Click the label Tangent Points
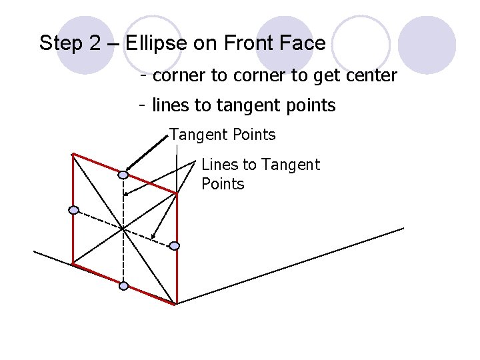222,135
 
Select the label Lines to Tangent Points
260,174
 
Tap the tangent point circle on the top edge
123,175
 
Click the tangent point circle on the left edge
74,210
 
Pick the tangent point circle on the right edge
174,246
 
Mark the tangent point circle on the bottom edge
123,286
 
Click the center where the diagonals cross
123,229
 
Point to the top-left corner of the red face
73,154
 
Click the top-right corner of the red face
177,194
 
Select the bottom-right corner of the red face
177,304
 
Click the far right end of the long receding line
403,229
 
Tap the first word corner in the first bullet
179,76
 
